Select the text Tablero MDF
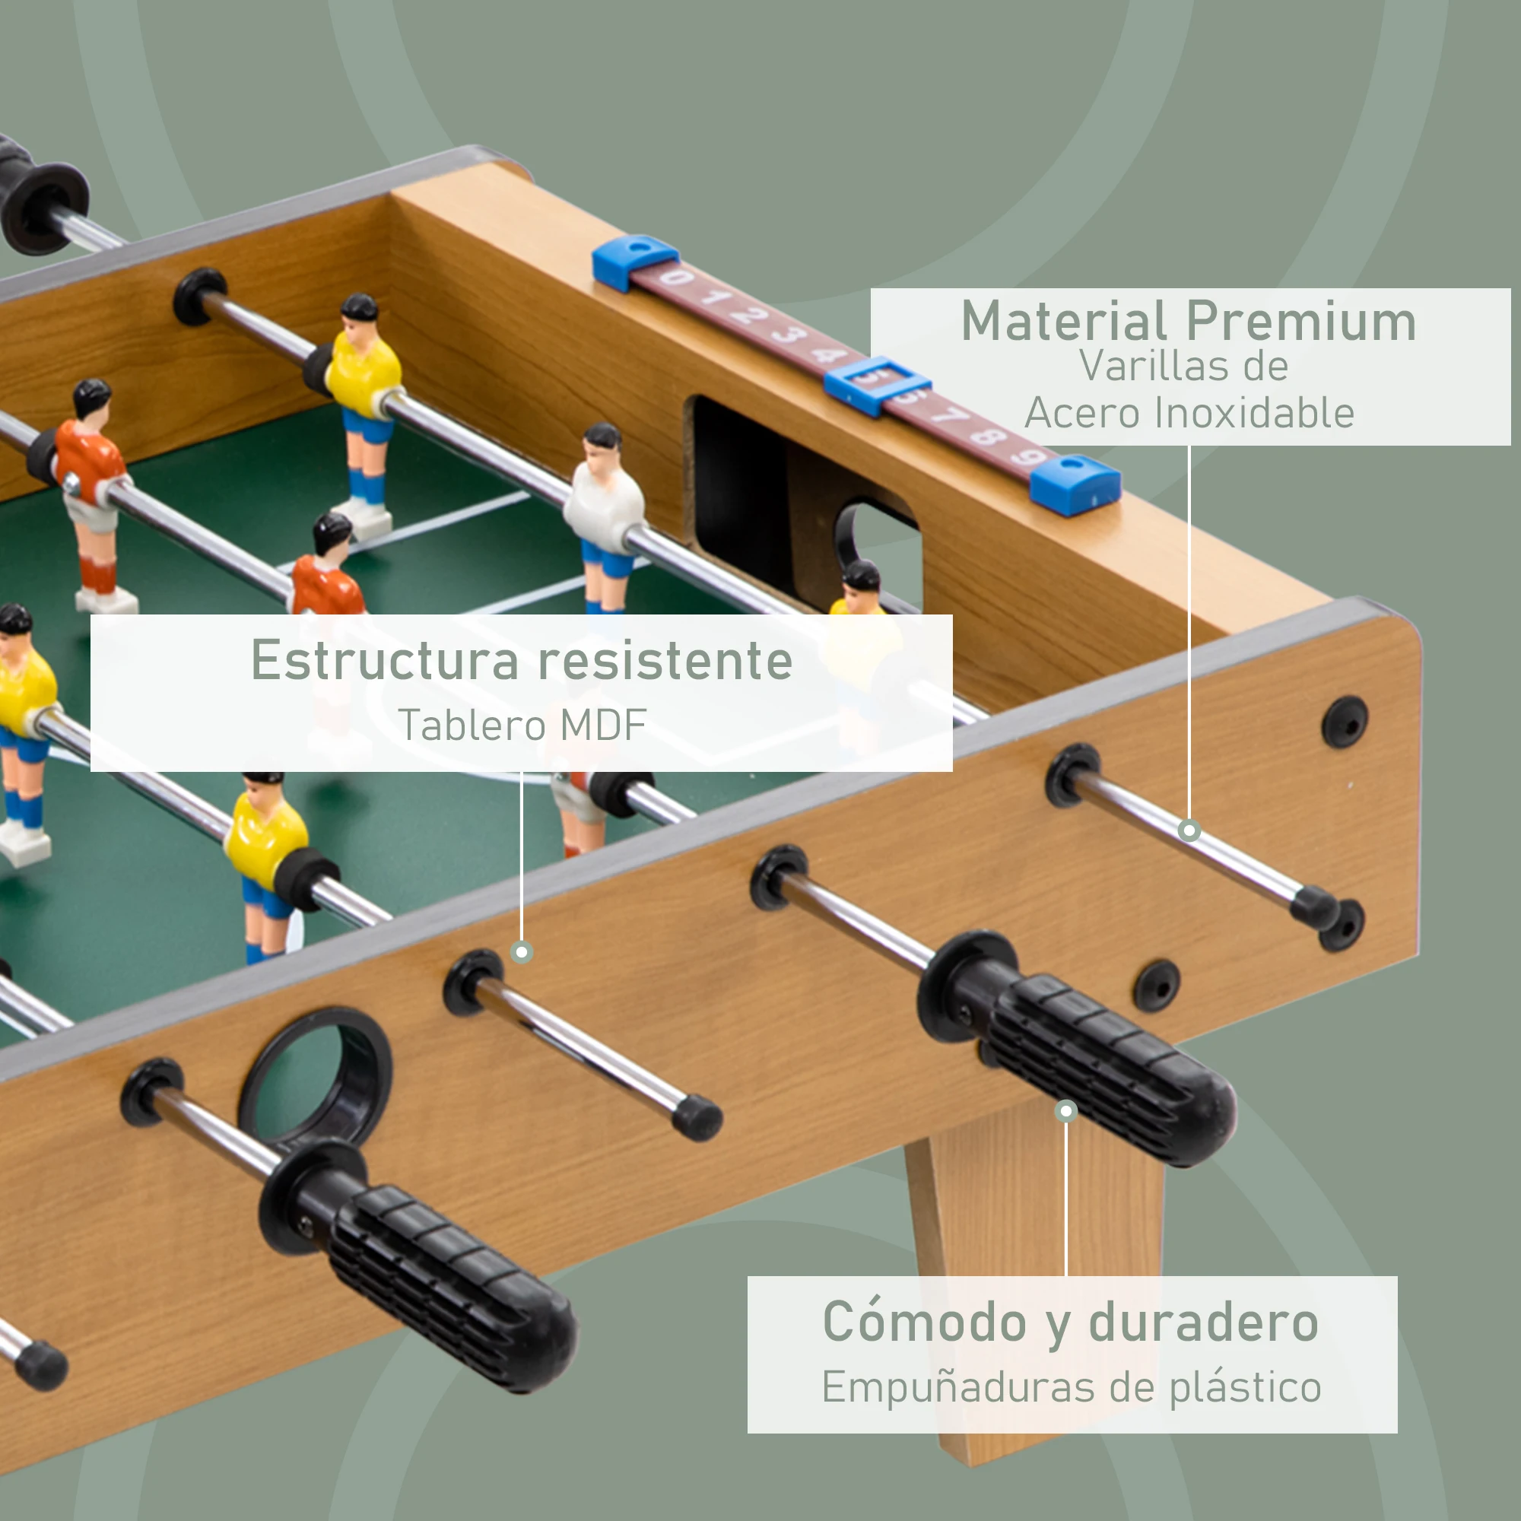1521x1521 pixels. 522,725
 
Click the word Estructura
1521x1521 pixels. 385,659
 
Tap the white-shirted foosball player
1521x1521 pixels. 605,504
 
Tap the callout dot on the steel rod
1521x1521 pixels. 1189,830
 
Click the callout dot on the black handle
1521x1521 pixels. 1066,1111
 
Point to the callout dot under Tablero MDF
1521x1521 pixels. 521,953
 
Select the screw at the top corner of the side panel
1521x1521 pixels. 1345,721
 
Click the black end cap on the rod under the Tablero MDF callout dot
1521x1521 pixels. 697,1118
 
